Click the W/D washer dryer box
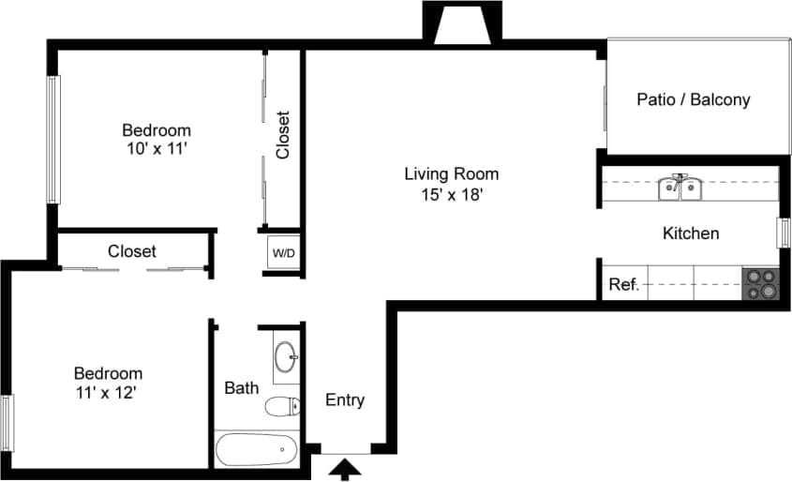pyautogui.click(x=282, y=253)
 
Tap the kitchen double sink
pyautogui.click(x=681, y=188)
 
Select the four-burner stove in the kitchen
pyautogui.click(x=760, y=283)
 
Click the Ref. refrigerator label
pyautogui.click(x=623, y=284)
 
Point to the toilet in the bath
pyautogui.click(x=281, y=406)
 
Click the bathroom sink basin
pyautogui.click(x=286, y=356)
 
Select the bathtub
pyautogui.click(x=256, y=449)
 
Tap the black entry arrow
pyautogui.click(x=346, y=468)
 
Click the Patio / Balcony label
pyautogui.click(x=693, y=99)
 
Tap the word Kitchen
pyautogui.click(x=691, y=233)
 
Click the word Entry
pyautogui.click(x=344, y=400)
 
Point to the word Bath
pyautogui.click(x=241, y=387)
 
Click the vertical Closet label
pyautogui.click(x=283, y=135)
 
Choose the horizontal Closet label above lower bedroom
pyautogui.click(x=131, y=251)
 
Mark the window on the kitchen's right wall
pyautogui.click(x=784, y=233)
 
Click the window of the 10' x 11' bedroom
pyautogui.click(x=53, y=140)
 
